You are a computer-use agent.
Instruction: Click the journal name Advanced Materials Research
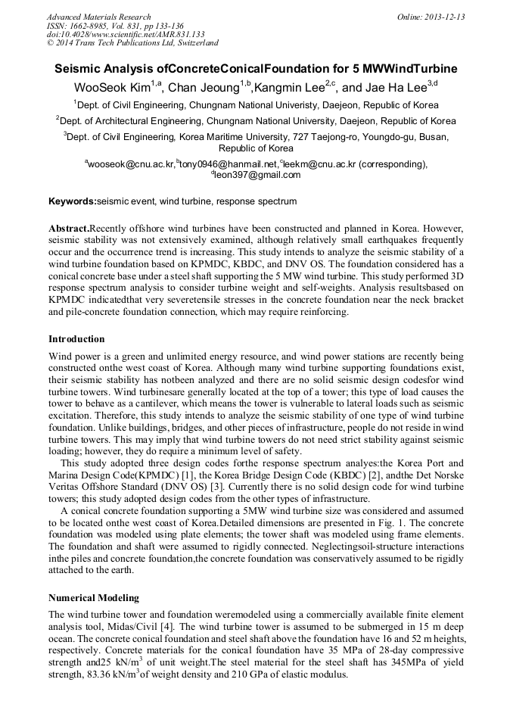point(98,17)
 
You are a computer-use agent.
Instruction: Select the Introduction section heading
point(76,338)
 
